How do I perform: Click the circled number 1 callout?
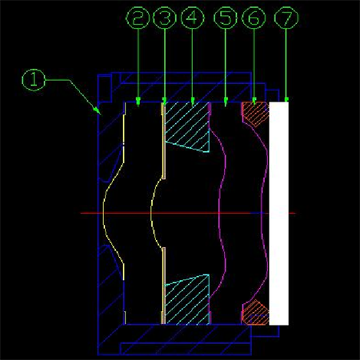pos(34,80)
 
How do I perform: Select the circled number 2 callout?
pos(138,18)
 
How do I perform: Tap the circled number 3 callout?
pos(165,18)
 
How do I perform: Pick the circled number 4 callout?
pos(193,18)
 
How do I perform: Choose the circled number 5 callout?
pos(226,18)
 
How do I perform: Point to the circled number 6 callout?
pos(254,18)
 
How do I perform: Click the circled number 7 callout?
pos(286,18)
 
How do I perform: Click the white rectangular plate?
pos(279,214)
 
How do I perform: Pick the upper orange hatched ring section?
pos(255,114)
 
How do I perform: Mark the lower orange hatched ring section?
pos(255,313)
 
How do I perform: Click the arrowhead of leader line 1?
pos(97,110)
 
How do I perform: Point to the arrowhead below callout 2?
pos(138,102)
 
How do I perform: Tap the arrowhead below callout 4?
pos(193,102)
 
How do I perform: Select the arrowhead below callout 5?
pos(226,102)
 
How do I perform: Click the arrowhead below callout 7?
pos(286,100)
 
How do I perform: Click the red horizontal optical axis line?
pos(188,213)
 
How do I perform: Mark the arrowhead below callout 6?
pos(254,101)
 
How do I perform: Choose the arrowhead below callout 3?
pos(165,101)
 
